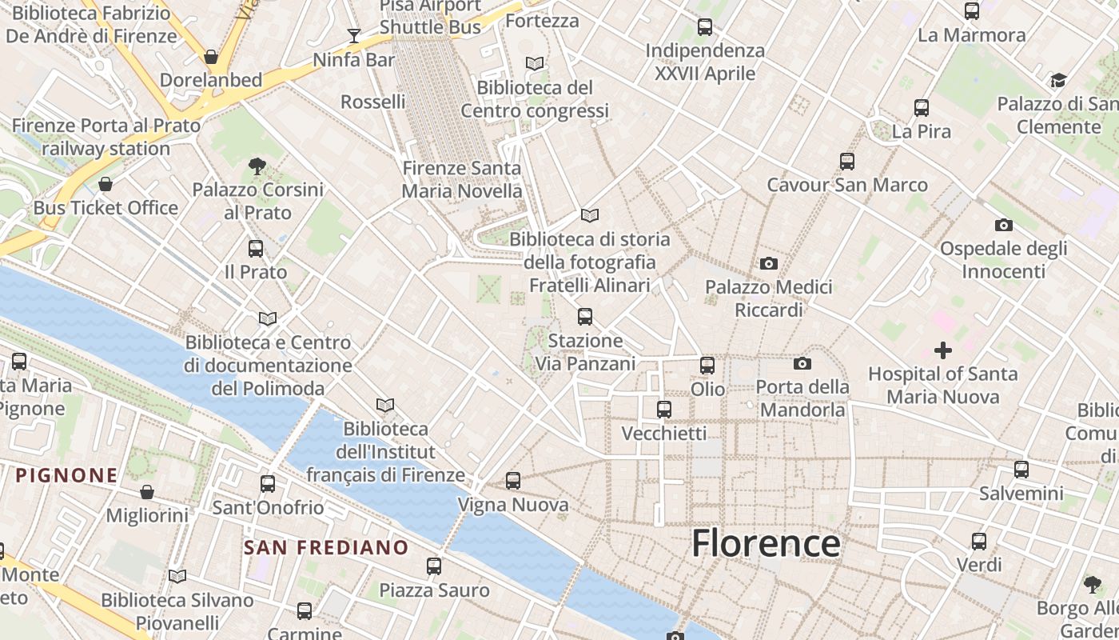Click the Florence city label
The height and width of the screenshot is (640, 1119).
[766, 543]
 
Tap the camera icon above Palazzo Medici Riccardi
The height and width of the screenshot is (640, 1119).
[768, 263]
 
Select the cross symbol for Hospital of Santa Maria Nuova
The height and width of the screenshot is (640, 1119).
[943, 350]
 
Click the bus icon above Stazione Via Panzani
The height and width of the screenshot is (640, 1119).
[585, 317]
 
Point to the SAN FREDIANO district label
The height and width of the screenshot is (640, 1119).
[326, 548]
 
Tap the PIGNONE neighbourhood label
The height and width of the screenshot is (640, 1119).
[67, 475]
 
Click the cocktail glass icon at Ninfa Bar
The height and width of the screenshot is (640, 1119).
[353, 36]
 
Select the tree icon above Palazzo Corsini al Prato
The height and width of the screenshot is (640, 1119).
[257, 166]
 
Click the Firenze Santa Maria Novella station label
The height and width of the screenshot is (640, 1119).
[461, 179]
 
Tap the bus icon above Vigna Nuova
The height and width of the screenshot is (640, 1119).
[513, 481]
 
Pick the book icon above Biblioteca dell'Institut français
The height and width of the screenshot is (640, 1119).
[385, 406]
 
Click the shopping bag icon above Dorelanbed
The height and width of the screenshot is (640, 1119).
[211, 57]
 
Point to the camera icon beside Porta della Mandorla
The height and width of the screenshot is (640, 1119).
[802, 364]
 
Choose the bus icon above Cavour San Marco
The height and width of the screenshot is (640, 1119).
[847, 162]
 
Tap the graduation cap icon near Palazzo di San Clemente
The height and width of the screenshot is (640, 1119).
[1058, 80]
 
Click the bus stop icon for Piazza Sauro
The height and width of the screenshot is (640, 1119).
[434, 566]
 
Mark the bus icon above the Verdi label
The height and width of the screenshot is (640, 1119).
[979, 542]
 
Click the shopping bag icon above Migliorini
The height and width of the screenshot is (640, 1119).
[147, 491]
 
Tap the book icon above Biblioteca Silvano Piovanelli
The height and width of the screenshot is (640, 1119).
[177, 576]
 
